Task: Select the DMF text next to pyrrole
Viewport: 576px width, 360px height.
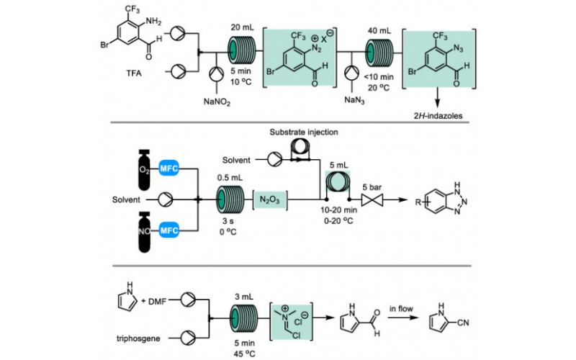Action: click(x=163, y=300)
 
